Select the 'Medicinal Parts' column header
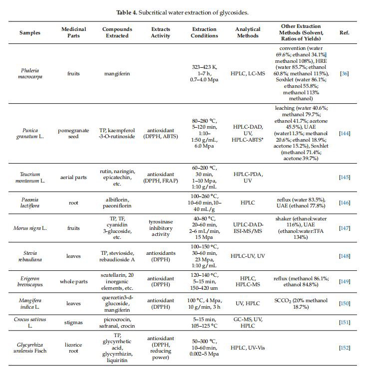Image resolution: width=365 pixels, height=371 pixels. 73,32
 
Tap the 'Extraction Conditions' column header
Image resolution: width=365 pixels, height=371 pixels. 205,32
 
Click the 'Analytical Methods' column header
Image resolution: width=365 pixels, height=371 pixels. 248,32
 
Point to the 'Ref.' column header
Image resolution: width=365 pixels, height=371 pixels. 345,32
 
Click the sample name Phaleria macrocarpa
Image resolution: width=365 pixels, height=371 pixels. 30,73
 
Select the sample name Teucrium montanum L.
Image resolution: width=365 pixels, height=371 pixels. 30,177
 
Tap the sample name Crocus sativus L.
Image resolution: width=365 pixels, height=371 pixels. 30,325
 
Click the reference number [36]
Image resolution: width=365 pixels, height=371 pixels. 345,73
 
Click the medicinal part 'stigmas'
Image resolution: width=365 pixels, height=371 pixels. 73,325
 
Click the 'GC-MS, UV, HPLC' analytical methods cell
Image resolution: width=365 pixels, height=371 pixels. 248,325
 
